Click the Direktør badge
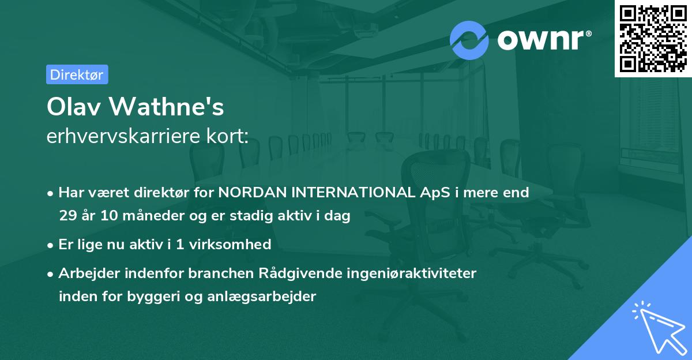point(77,74)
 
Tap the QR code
point(653,38)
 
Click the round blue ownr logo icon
point(469,40)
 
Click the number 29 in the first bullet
point(67,216)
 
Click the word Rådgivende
point(255,273)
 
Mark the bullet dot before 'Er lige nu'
point(51,245)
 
